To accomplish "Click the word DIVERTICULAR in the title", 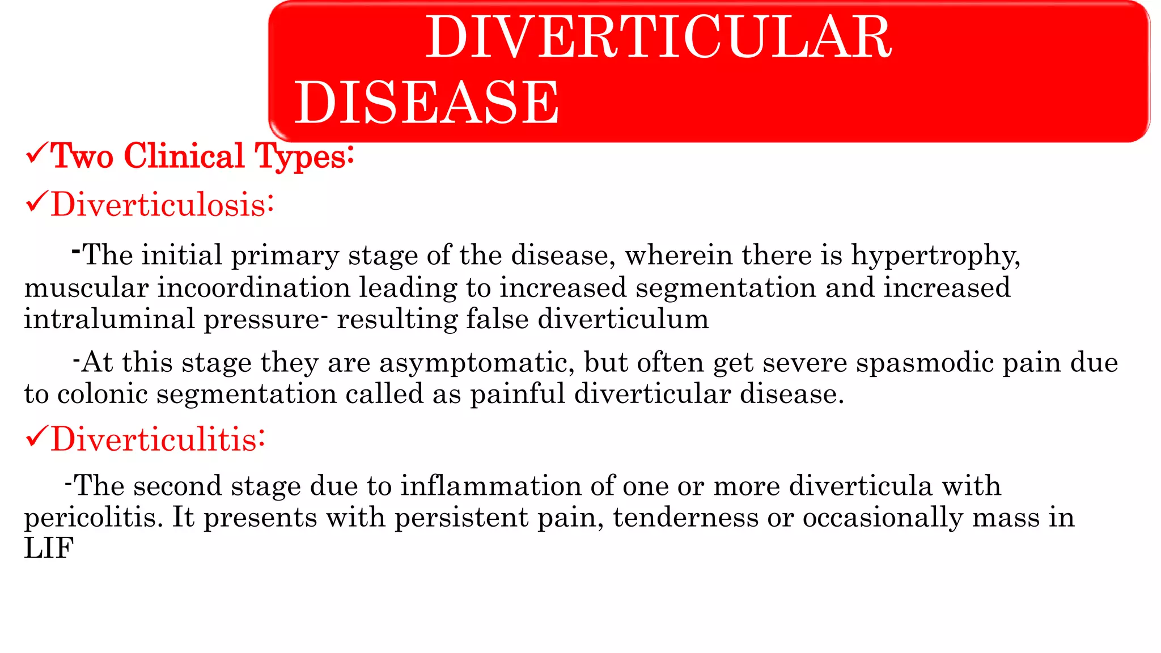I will pyautogui.click(x=658, y=37).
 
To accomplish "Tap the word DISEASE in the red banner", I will pyautogui.click(x=426, y=103).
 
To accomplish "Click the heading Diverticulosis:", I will pyautogui.click(x=162, y=205).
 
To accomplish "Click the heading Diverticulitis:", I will pyautogui.click(x=158, y=439).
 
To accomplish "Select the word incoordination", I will pyautogui.click(x=253, y=287).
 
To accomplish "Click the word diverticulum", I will pyautogui.click(x=623, y=319).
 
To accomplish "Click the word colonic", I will pyautogui.click(x=103, y=394).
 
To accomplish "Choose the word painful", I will pyautogui.click(x=517, y=394).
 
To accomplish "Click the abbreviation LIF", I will pyautogui.click(x=49, y=549).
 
